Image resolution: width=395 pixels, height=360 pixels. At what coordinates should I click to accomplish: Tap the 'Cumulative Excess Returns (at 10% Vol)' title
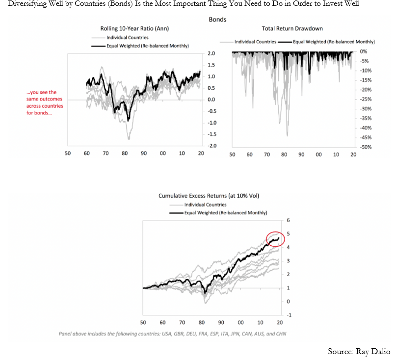pyautogui.click(x=209, y=196)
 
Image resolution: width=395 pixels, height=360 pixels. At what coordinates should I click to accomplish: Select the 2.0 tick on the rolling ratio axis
pyautogui.click(x=212, y=53)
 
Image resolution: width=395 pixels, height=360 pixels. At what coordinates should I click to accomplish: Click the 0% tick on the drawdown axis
pyautogui.click(x=364, y=51)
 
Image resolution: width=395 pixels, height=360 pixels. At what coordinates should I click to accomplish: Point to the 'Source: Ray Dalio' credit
pyautogui.click(x=359, y=351)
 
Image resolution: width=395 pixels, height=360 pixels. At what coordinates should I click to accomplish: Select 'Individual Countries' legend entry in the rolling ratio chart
pyautogui.click(x=127, y=37)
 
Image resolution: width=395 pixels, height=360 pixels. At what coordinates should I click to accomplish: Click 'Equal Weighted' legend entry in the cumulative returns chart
pyautogui.click(x=225, y=213)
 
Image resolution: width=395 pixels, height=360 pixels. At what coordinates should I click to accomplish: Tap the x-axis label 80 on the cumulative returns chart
pyautogui.click(x=201, y=322)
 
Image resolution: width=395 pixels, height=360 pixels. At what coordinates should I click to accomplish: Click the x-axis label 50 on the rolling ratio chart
pyautogui.click(x=68, y=154)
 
